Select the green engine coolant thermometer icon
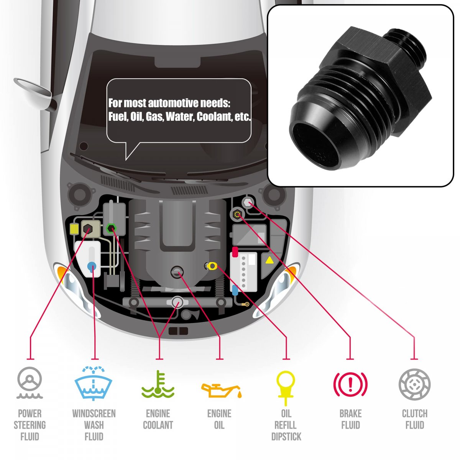click(x=158, y=384)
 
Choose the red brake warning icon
click(x=350, y=384)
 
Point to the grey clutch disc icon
click(x=414, y=384)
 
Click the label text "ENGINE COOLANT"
click(x=158, y=419)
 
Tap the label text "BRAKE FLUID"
click(x=350, y=419)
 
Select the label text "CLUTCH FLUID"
click(x=414, y=419)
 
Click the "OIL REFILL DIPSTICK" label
click(x=286, y=425)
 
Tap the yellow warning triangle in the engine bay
click(x=269, y=261)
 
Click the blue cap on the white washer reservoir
click(x=92, y=266)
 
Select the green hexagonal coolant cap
click(x=111, y=228)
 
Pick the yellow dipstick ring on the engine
click(x=212, y=265)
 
